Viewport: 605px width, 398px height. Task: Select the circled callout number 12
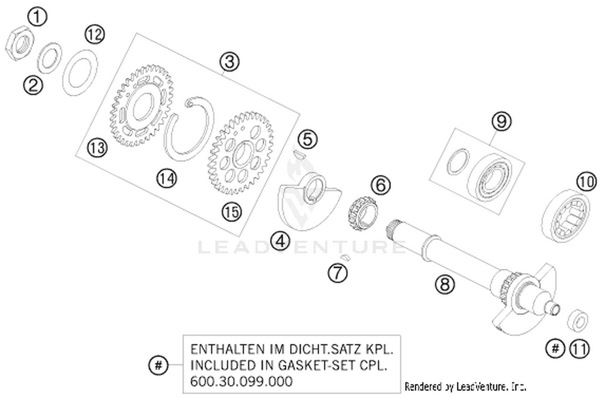(x=95, y=34)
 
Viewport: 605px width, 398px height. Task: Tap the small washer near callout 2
(x=49, y=58)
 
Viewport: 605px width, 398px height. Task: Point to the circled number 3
(x=229, y=62)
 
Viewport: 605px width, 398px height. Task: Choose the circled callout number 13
(x=97, y=148)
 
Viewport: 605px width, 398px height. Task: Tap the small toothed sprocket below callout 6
(x=363, y=214)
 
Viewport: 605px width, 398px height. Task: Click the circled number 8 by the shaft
(x=445, y=284)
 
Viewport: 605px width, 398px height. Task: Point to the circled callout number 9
(x=501, y=121)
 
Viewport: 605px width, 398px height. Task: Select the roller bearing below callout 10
(x=566, y=215)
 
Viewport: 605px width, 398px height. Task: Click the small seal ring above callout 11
(x=578, y=321)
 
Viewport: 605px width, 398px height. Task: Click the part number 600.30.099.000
(x=242, y=381)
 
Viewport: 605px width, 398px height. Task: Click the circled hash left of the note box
(x=159, y=366)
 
